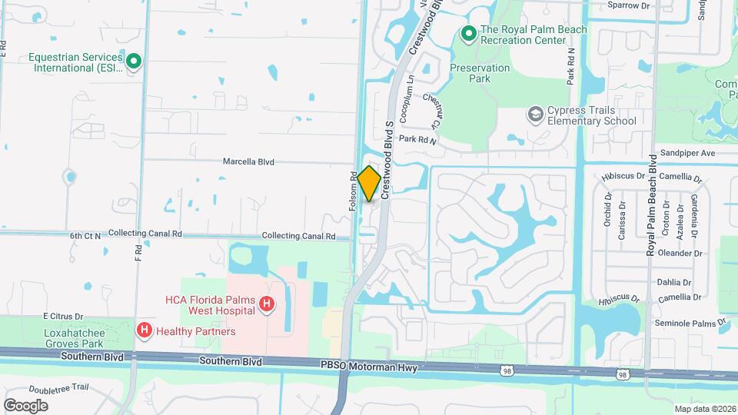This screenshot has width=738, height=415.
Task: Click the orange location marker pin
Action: pos(369,184)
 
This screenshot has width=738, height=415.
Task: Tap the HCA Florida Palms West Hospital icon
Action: pos(266,305)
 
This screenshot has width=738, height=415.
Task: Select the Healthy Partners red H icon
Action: pos(144,330)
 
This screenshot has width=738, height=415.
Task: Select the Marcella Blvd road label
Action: pos(248,162)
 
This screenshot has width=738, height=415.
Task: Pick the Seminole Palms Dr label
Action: pos(686,323)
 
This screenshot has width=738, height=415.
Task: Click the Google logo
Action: pos(25,405)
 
